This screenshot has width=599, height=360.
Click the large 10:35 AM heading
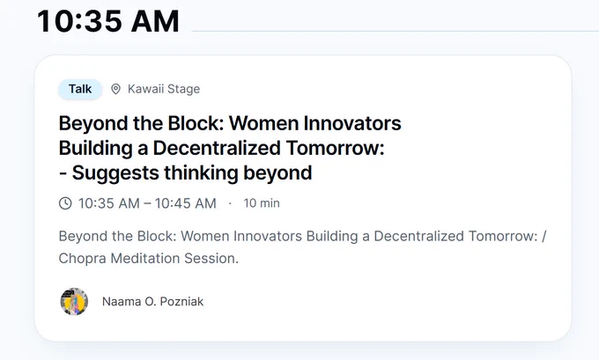point(108,21)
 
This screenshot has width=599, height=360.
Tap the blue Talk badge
point(80,89)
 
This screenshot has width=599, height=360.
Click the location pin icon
point(115,89)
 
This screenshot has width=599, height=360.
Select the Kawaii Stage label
point(164,89)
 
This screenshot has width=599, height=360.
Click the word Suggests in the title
point(115,173)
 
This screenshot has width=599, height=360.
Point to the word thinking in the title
point(201,173)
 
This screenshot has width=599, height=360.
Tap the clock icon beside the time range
point(65,203)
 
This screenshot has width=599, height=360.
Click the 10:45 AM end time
point(185,203)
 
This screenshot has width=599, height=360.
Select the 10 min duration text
point(262,203)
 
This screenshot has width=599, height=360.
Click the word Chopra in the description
point(82,259)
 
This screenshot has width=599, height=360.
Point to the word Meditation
point(145,259)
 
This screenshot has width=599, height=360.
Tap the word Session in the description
point(211,259)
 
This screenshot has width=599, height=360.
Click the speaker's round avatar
point(74,302)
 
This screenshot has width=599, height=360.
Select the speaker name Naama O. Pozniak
point(152,302)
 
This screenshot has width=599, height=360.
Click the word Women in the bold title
point(263,123)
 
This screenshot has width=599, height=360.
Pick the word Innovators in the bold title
point(352,123)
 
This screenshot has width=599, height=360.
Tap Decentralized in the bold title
point(217,148)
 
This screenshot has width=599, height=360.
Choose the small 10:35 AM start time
point(109,203)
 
